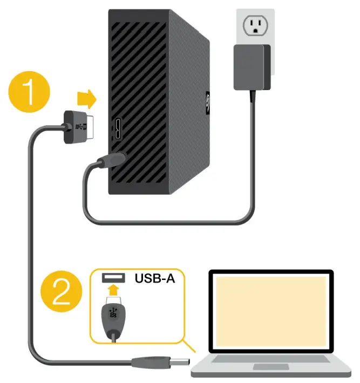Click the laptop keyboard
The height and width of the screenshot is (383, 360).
click(271, 358)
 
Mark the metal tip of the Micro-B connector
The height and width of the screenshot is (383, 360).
click(90, 124)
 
